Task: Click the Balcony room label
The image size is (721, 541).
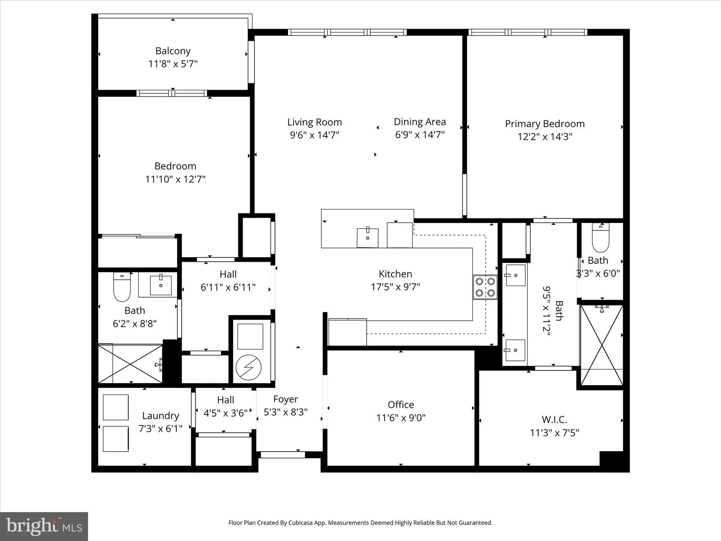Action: pyautogui.click(x=173, y=51)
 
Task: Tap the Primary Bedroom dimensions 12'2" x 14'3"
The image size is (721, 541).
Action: pyautogui.click(x=545, y=137)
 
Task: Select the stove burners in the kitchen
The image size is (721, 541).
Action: pyautogui.click(x=485, y=287)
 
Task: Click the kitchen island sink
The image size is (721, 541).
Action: pyautogui.click(x=367, y=238)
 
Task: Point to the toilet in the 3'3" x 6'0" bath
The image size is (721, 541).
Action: pyautogui.click(x=601, y=239)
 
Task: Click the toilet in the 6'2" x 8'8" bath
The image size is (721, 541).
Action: pyautogui.click(x=122, y=287)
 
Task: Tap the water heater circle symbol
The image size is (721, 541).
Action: pyautogui.click(x=248, y=368)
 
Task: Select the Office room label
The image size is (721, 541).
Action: pyautogui.click(x=401, y=405)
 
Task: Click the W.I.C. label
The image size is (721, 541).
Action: pyautogui.click(x=554, y=420)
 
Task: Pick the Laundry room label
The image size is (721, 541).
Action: pyautogui.click(x=160, y=415)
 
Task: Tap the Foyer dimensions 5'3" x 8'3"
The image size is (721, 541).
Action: pyautogui.click(x=286, y=412)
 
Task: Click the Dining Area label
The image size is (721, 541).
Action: pyautogui.click(x=420, y=122)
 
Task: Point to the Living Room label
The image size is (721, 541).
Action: pyautogui.click(x=314, y=122)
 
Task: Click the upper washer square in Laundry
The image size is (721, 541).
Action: pyautogui.click(x=116, y=407)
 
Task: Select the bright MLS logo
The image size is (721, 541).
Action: pyautogui.click(x=44, y=527)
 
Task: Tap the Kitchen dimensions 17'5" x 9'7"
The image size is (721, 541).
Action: pyautogui.click(x=395, y=287)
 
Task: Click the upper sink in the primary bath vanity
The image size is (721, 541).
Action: pyautogui.click(x=515, y=275)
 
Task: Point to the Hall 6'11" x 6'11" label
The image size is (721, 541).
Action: pyautogui.click(x=228, y=274)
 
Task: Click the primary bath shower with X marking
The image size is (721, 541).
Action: pyautogui.click(x=601, y=346)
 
